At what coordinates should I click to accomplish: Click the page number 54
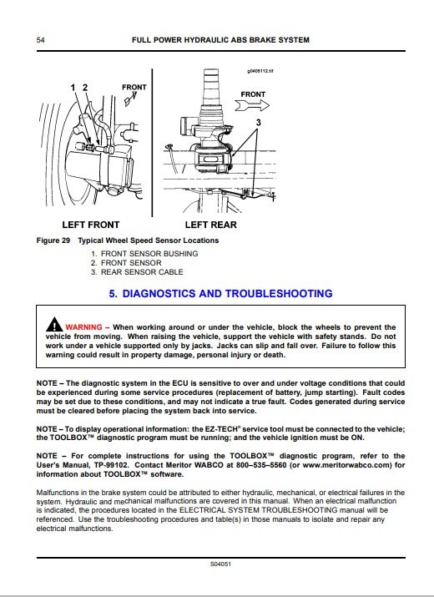[40, 40]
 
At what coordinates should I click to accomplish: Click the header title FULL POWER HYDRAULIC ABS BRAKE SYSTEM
[220, 40]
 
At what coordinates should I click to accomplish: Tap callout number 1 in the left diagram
[73, 88]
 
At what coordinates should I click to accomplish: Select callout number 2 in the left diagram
[85, 88]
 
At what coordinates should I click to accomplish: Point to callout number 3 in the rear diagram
[259, 122]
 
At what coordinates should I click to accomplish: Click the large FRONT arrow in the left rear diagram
[252, 105]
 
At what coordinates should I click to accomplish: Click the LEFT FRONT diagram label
[91, 225]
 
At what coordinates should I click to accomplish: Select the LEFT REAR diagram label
[211, 225]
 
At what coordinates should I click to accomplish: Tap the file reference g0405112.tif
[260, 71]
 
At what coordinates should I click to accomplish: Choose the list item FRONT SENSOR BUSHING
[149, 254]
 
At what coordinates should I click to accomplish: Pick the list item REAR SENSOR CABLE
[142, 272]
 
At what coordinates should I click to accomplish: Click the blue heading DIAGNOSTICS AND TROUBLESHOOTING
[227, 294]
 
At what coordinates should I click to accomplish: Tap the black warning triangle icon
[54, 325]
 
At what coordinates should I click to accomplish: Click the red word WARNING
[83, 327]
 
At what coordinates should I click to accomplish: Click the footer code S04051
[220, 564]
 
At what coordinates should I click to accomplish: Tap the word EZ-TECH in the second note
[220, 428]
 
